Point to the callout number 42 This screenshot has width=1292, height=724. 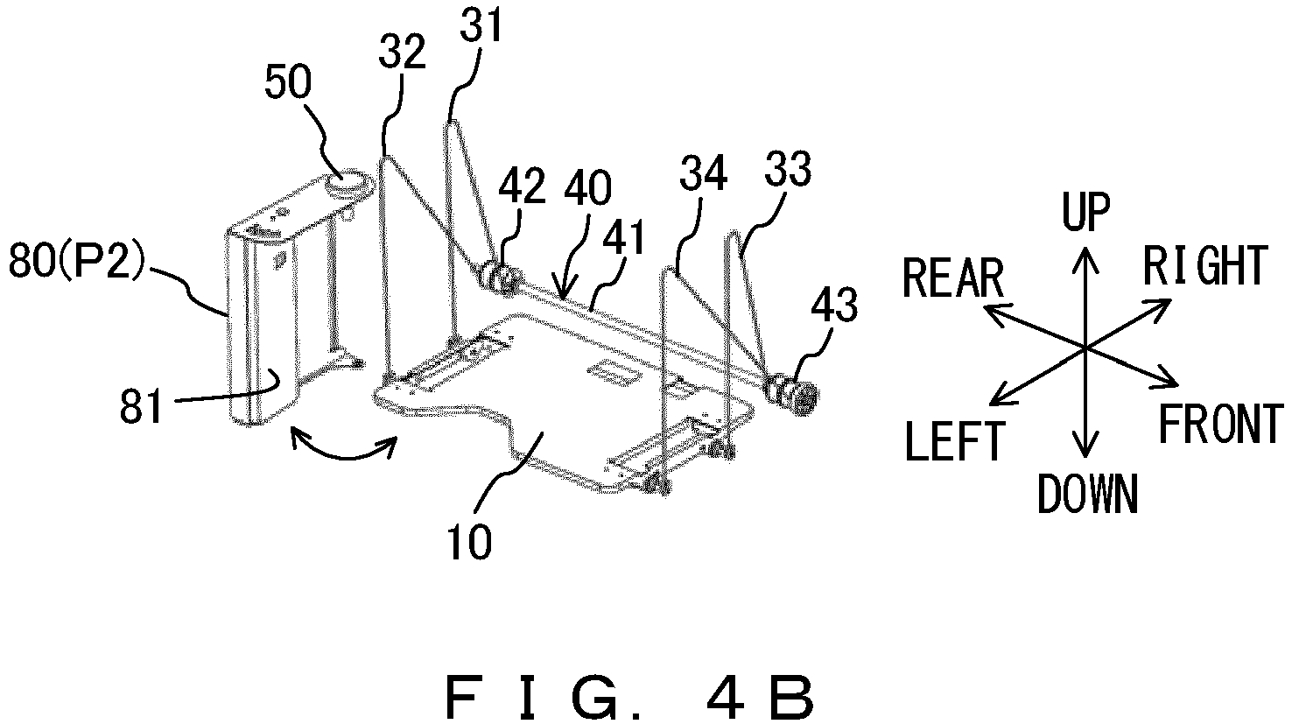[522, 187]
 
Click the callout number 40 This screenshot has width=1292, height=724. [588, 188]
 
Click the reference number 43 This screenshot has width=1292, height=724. [834, 306]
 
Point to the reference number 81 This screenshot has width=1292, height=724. [140, 407]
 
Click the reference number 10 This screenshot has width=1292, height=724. [470, 542]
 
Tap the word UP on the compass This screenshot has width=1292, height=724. [1086, 212]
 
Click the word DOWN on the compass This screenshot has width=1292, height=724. [1087, 495]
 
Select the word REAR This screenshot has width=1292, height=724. [953, 278]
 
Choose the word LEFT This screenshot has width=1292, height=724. [957, 441]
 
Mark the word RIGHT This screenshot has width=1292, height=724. [1206, 265]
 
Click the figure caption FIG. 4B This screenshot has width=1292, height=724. [629, 699]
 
